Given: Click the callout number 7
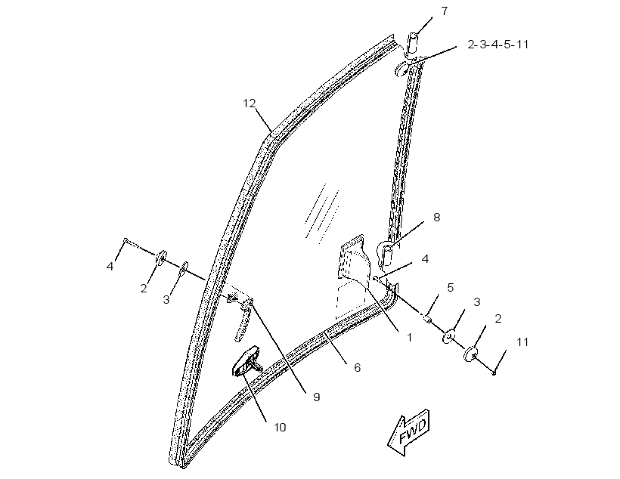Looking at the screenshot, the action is (x=445, y=11).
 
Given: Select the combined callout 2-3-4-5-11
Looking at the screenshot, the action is (x=498, y=45).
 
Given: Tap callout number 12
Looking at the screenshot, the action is (x=250, y=104).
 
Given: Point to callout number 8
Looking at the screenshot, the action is (x=436, y=218).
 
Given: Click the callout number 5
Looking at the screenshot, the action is (x=451, y=288).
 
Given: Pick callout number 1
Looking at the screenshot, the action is (x=410, y=338).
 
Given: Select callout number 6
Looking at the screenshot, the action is (x=358, y=368).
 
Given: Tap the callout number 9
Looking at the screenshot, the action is (x=316, y=397).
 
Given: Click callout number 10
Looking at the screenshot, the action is (x=280, y=428).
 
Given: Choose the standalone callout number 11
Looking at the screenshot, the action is (x=522, y=342).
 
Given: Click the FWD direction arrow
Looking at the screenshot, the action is (x=409, y=433).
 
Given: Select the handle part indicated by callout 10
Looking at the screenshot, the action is (x=246, y=362).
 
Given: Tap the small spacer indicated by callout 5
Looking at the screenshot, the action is (x=427, y=318).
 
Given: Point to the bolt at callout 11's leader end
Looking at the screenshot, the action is (x=494, y=372).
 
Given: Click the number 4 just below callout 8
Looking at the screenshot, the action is (x=425, y=259).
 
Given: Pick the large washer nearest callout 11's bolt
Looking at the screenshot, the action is (x=470, y=354).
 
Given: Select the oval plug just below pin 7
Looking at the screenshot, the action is (x=401, y=68).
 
